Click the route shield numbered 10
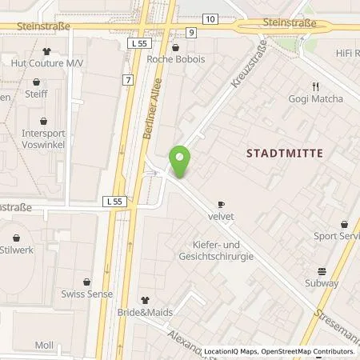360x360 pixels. (209, 18)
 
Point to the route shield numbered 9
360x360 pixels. (192, 32)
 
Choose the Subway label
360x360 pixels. (322, 282)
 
